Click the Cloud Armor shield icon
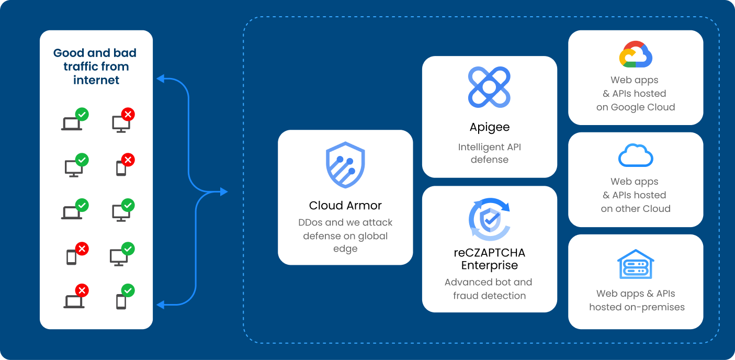(x=345, y=164)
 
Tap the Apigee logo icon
(x=489, y=87)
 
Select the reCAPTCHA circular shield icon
(x=489, y=220)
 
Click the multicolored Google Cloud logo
(x=636, y=54)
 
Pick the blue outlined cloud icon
(x=636, y=155)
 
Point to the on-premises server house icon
(x=636, y=263)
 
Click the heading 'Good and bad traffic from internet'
(x=95, y=66)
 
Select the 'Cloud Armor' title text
(x=345, y=205)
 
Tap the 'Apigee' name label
(x=489, y=127)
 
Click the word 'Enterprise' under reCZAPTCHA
(x=489, y=265)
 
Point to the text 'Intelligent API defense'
(x=489, y=153)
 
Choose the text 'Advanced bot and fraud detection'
(x=489, y=289)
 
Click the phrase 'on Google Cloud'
(x=636, y=107)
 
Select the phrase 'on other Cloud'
(x=636, y=209)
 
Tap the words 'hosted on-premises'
(x=637, y=307)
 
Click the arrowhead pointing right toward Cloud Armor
(x=224, y=192)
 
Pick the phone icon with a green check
(x=121, y=300)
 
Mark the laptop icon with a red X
(x=74, y=300)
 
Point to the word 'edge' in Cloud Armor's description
(x=345, y=249)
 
